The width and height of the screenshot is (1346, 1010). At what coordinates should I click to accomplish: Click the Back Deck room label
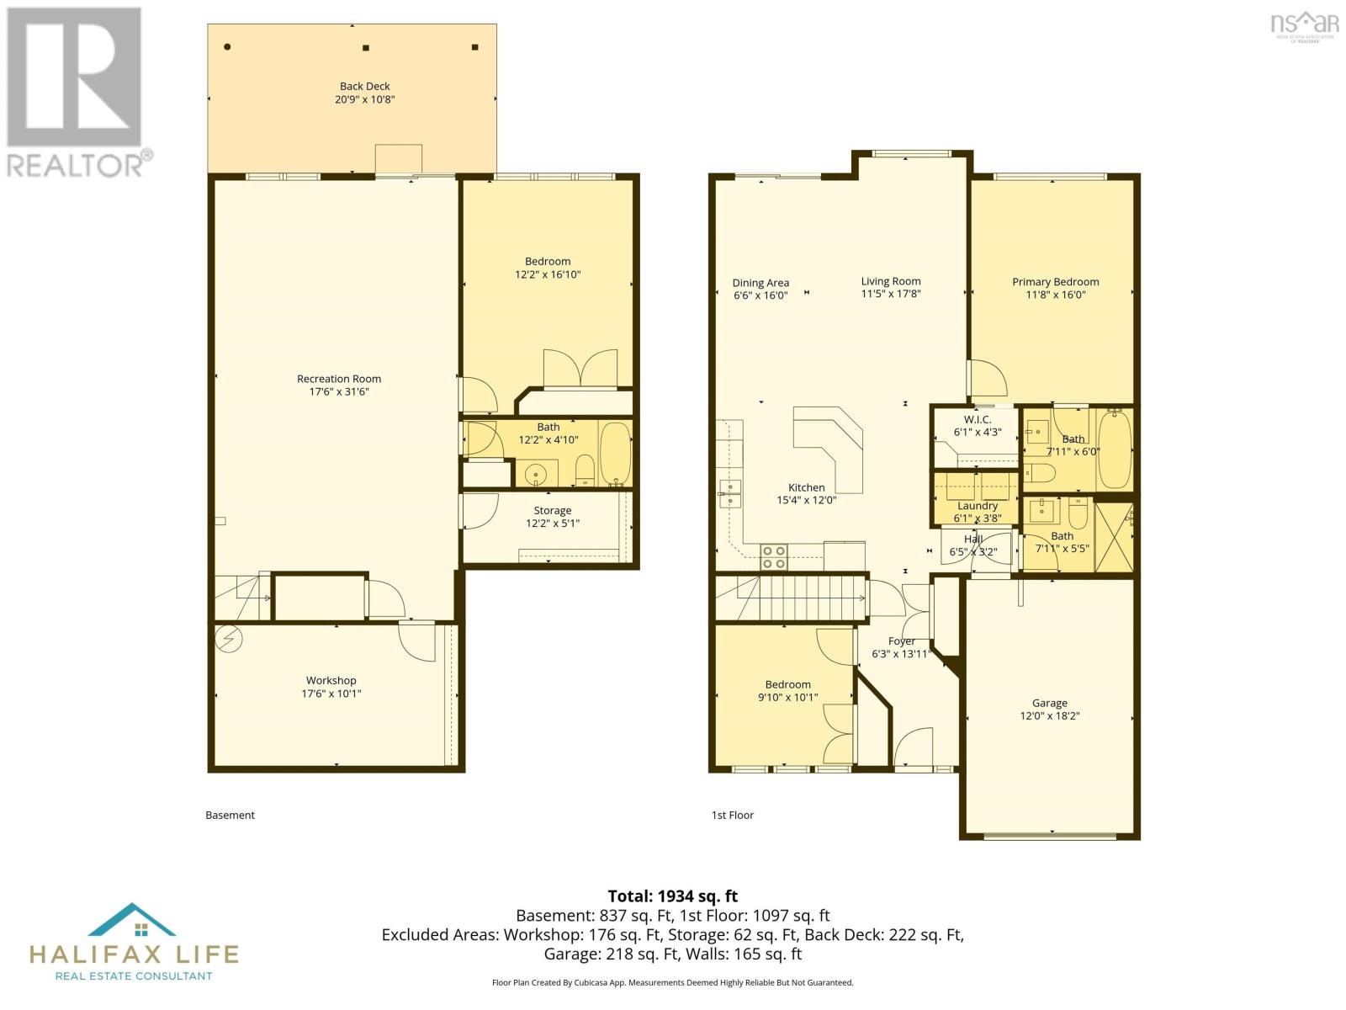[364, 86]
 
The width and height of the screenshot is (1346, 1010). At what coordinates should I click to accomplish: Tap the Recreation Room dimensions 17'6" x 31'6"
[339, 391]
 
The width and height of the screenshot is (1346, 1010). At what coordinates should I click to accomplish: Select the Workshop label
[331, 680]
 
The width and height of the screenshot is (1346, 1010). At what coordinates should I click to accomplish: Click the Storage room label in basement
[552, 510]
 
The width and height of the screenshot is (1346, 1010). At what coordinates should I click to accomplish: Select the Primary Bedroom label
[1055, 282]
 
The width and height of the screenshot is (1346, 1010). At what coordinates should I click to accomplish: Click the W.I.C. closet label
[977, 419]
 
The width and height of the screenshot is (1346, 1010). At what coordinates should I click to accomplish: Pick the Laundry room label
[977, 506]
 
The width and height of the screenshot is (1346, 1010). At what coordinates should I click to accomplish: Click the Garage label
[1049, 703]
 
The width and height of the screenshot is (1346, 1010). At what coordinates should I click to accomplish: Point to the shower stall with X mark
[1113, 536]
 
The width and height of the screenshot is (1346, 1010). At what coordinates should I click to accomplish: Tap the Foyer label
[901, 641]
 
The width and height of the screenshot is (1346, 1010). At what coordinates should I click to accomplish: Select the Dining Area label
[760, 283]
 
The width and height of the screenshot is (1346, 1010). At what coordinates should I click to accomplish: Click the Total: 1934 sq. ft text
[672, 896]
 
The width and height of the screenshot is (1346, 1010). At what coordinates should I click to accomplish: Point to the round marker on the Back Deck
[227, 47]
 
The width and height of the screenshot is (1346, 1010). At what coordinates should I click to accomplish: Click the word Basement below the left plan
[230, 815]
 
